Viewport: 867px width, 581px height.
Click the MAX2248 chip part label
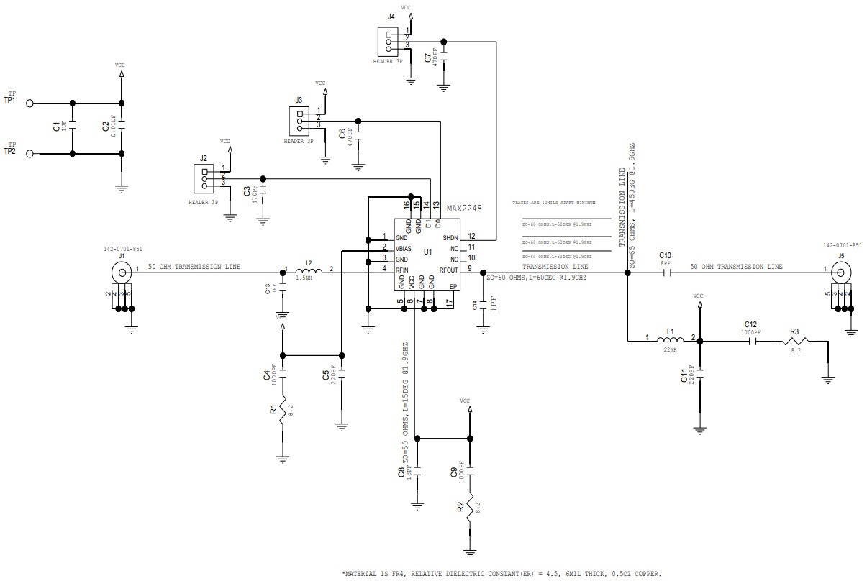click(464, 209)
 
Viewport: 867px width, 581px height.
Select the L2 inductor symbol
click(309, 271)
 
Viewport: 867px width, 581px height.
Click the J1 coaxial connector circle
click(120, 272)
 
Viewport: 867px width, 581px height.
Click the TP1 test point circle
click(29, 104)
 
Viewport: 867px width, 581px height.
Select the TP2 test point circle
click(29, 154)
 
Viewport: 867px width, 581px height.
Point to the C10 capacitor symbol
click(666, 272)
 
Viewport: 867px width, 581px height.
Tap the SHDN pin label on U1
click(450, 237)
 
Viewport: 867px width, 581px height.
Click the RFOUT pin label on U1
click(448, 270)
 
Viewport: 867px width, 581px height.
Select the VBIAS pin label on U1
click(404, 248)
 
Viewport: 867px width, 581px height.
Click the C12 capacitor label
click(751, 324)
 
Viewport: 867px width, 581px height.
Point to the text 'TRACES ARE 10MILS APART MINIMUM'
click(554, 203)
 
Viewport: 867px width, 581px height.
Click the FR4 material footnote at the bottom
click(501, 573)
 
